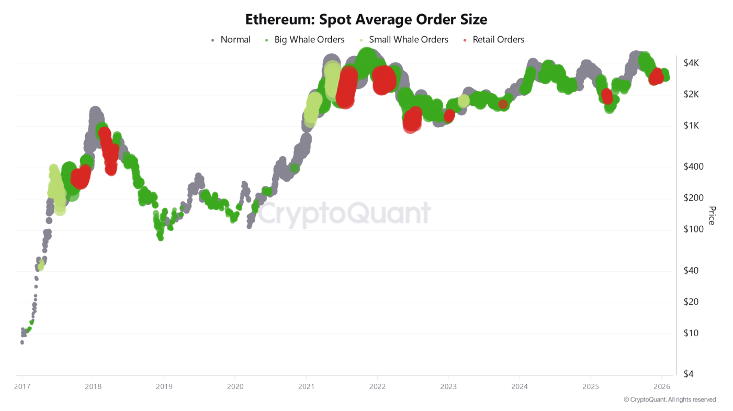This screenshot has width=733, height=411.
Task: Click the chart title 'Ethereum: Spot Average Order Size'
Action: coord(366,20)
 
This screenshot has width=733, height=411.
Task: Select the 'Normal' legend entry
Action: coord(235,40)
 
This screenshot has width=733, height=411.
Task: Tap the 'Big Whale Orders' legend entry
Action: coord(309,40)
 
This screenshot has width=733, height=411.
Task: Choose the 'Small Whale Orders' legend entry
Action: coord(408,40)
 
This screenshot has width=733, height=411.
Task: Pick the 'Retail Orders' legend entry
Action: coord(498,40)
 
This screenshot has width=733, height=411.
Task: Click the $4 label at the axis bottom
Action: coord(689,374)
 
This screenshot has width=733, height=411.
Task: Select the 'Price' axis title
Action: coord(712,216)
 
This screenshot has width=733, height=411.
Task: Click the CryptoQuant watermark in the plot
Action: coord(344,214)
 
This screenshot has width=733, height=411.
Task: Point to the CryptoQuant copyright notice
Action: coord(669,399)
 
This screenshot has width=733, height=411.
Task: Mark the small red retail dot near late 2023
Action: coord(503,104)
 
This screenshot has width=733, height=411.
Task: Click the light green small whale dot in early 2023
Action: coord(464,101)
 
